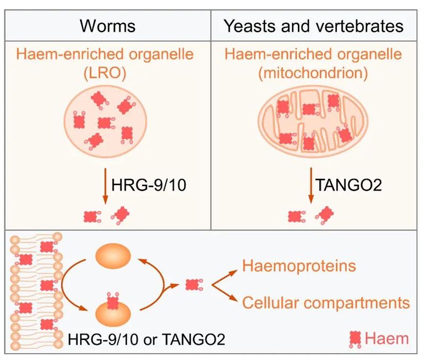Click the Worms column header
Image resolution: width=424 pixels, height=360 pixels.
(108, 25)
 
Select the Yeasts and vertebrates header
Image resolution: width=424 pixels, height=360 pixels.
(314, 25)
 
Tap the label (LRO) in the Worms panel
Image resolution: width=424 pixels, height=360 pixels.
(107, 73)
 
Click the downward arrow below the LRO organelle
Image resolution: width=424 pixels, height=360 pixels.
(105, 187)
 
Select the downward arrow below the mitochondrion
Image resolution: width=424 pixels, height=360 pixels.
(310, 187)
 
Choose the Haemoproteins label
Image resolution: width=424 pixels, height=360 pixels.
(299, 265)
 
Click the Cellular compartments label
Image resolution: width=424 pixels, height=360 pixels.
(326, 302)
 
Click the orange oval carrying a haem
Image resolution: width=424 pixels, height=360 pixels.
(113, 312)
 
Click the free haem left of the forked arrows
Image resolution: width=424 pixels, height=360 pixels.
(192, 285)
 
